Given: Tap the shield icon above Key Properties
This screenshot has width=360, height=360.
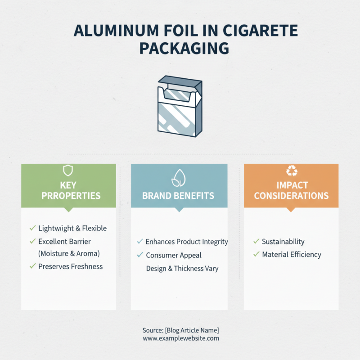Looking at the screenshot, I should (x=68, y=170).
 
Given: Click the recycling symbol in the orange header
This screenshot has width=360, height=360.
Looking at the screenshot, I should (x=291, y=171).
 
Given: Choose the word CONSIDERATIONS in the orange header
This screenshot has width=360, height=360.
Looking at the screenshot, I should (x=291, y=196).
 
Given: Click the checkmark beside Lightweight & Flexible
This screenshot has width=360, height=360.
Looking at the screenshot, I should (x=32, y=228).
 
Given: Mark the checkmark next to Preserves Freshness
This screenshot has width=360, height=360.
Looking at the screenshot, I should (x=32, y=266).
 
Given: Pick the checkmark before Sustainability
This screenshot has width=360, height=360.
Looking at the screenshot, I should (x=256, y=242).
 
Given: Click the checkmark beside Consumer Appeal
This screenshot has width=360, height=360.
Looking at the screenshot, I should (x=140, y=255).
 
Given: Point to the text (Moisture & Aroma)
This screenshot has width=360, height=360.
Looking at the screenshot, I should (x=69, y=253).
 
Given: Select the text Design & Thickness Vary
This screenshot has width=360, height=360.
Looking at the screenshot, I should (x=182, y=268).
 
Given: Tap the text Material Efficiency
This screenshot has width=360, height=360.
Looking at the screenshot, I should (x=292, y=255).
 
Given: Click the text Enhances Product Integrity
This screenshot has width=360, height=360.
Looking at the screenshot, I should (x=187, y=242).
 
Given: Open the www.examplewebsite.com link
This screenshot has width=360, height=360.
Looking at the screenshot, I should (x=181, y=338).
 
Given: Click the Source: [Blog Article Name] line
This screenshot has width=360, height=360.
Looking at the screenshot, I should (x=181, y=330).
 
